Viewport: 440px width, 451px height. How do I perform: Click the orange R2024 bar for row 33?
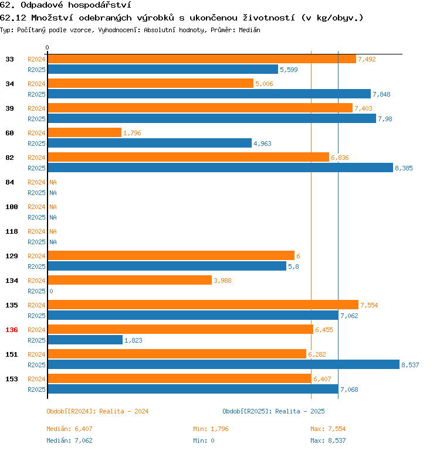[201, 59]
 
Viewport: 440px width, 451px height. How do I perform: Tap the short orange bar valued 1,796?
[84, 133]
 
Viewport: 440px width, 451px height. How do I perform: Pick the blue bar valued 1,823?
[84, 340]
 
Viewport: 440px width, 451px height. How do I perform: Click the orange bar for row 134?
[129, 281]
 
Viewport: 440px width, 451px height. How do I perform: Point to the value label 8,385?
[404, 168]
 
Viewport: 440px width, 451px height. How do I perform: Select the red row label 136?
[12, 330]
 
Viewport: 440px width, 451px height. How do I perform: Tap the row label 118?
[12, 231]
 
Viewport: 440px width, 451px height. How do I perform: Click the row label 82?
[9, 158]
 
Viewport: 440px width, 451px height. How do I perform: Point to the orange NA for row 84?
[53, 182]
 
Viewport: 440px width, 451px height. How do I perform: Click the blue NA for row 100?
[53, 217]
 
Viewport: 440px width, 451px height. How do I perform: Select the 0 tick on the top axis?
[48, 48]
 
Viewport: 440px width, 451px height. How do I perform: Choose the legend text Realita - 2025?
[300, 411]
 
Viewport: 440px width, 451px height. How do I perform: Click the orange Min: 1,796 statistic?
[211, 429]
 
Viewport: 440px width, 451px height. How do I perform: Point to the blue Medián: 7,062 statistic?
[69, 440]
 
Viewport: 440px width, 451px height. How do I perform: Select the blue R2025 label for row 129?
[36, 266]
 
